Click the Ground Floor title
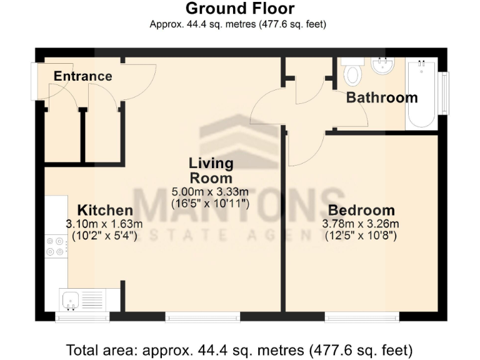240,9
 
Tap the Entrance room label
82,77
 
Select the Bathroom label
382,97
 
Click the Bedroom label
361,210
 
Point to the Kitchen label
104,210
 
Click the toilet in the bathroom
353,74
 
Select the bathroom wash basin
381,66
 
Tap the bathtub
421,94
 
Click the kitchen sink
71,300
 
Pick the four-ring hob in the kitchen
55,246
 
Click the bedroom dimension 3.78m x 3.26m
361,224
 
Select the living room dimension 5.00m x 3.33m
211,191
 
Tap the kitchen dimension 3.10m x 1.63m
104,224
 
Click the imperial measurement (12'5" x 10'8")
361,236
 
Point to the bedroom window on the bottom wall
362,317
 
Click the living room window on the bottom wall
203,317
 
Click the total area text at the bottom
240,348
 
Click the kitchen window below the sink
82,317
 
